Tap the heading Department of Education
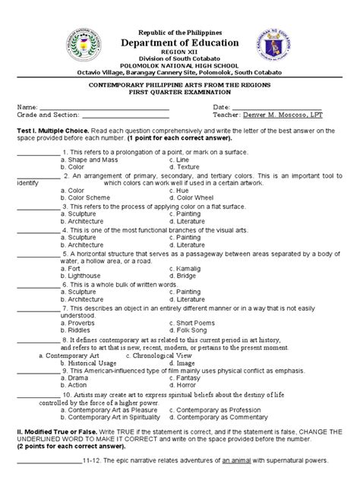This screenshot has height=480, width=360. point(180,23)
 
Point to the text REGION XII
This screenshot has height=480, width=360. point(180,33)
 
